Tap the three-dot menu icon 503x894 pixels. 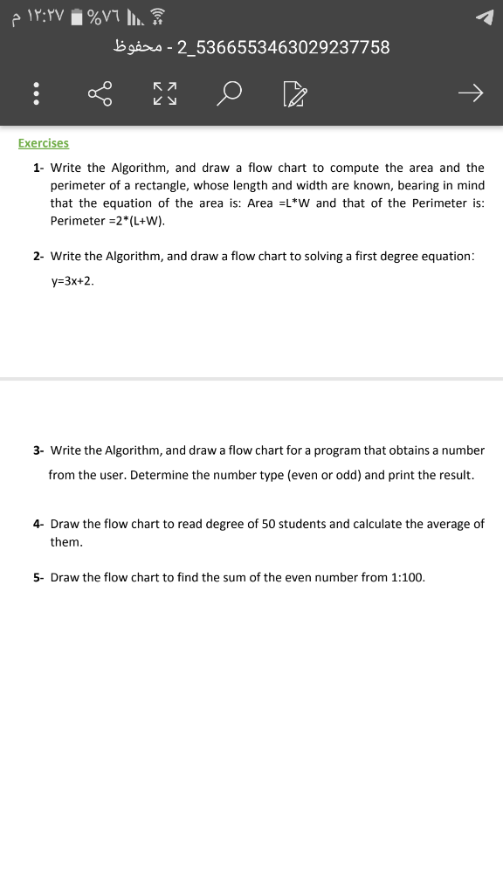click(x=36, y=93)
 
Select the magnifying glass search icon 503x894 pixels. click(x=231, y=93)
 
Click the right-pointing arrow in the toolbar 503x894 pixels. click(x=470, y=93)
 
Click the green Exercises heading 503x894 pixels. click(x=44, y=143)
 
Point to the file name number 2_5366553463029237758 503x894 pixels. click(x=283, y=47)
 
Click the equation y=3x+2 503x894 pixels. click(x=72, y=281)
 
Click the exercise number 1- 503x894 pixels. click(x=38, y=168)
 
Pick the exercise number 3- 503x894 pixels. click(x=38, y=450)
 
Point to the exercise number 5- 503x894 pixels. click(x=38, y=577)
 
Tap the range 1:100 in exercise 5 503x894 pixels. click(x=407, y=577)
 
